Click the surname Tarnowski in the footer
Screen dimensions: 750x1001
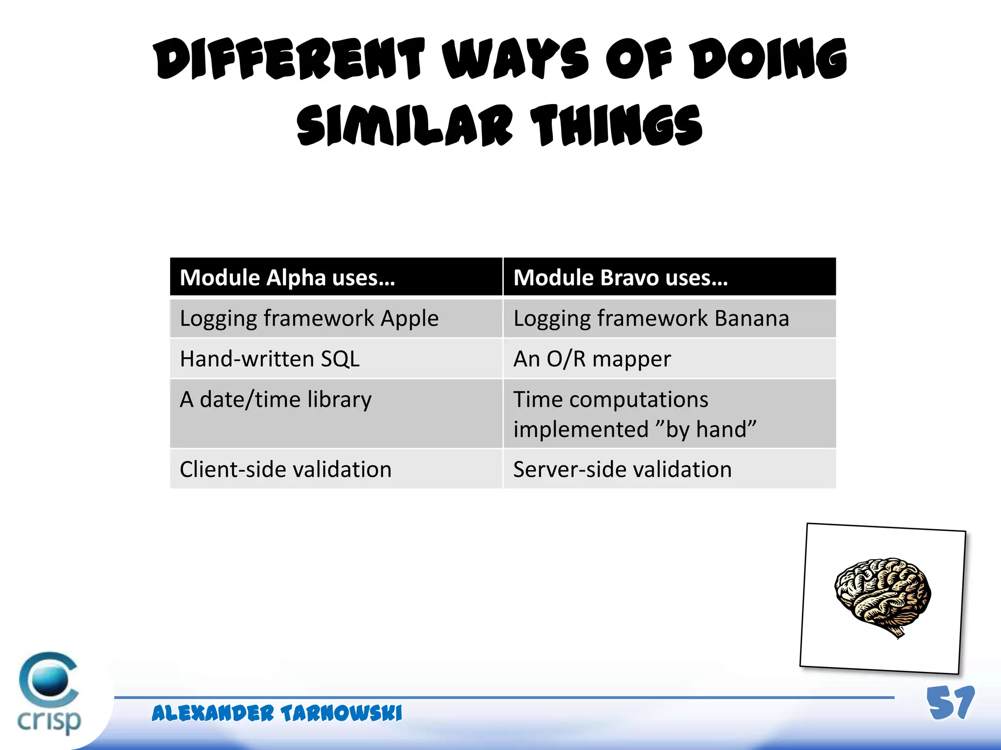[x=341, y=713]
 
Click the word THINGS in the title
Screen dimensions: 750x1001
[x=617, y=126]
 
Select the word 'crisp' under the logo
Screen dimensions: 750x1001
[x=49, y=721]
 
